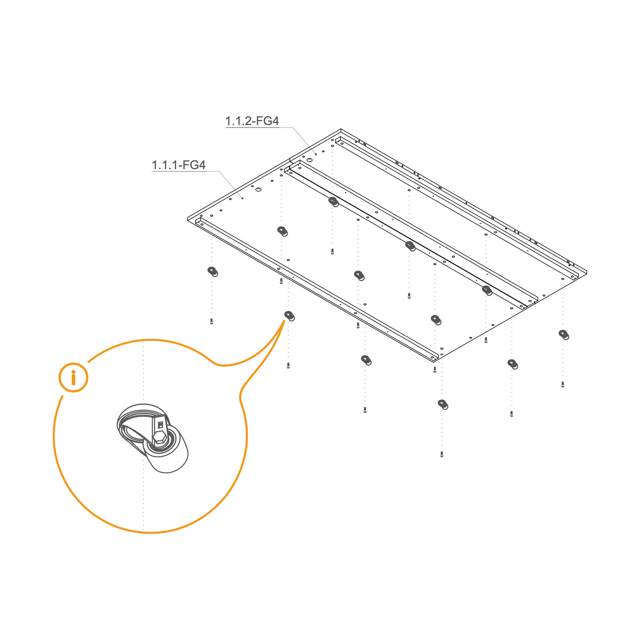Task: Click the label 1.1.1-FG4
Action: pos(178,165)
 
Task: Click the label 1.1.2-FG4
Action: pos(252,121)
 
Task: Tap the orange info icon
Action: pos(73,377)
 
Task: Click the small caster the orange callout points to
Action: pos(289,316)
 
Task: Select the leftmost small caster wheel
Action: pos(213,272)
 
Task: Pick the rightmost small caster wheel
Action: pos(564,335)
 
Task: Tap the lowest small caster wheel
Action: pos(443,404)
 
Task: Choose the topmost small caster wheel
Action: pos(334,202)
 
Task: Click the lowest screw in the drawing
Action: pos(442,454)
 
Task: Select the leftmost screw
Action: pos(212,321)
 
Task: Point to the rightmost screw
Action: pos(563,384)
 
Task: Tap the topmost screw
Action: pos(332,251)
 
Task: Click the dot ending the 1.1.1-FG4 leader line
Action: pos(242,198)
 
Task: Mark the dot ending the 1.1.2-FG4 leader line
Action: pos(316,154)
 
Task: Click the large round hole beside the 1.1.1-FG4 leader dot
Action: pos(258,189)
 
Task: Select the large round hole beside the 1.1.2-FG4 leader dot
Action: pos(309,160)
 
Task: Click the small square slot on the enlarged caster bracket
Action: pos(160,425)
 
